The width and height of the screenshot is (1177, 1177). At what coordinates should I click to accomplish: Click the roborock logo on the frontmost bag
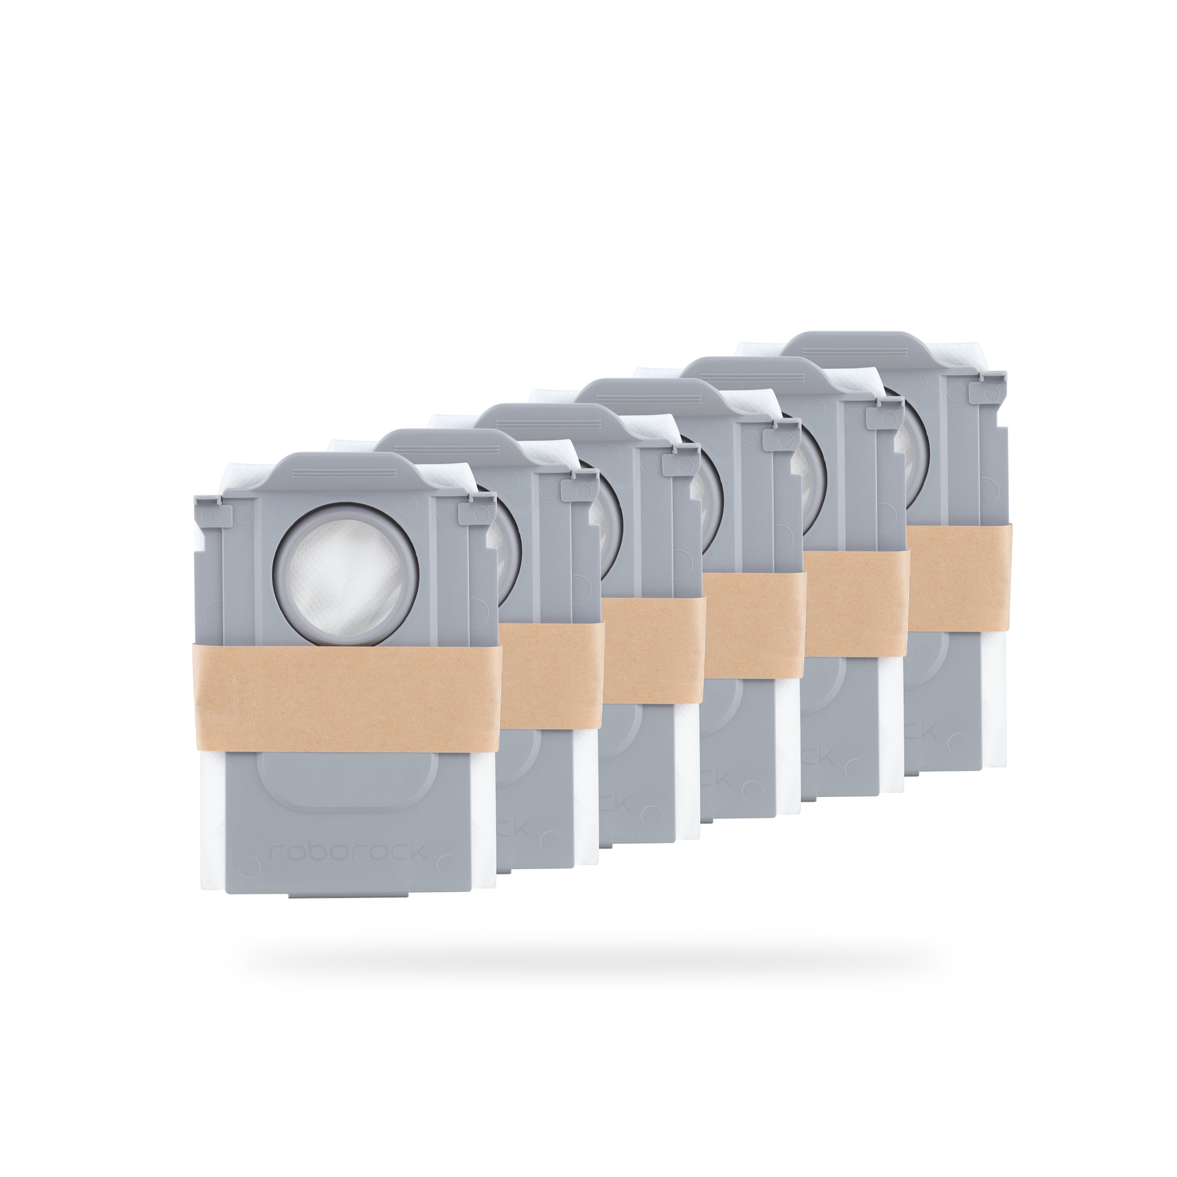pos(348,852)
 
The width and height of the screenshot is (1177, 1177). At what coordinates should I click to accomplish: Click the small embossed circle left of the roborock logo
pos(247,865)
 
